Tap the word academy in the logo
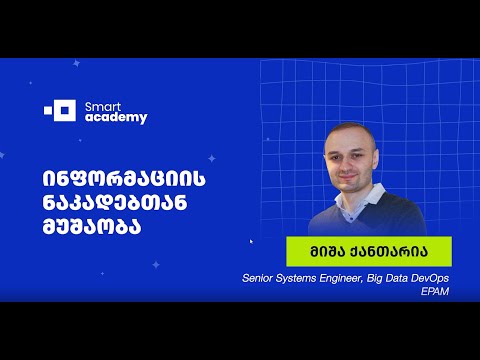pos(117,117)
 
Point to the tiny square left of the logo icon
pos(48,109)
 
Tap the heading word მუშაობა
pos(92,226)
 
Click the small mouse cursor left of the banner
pos(251,241)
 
